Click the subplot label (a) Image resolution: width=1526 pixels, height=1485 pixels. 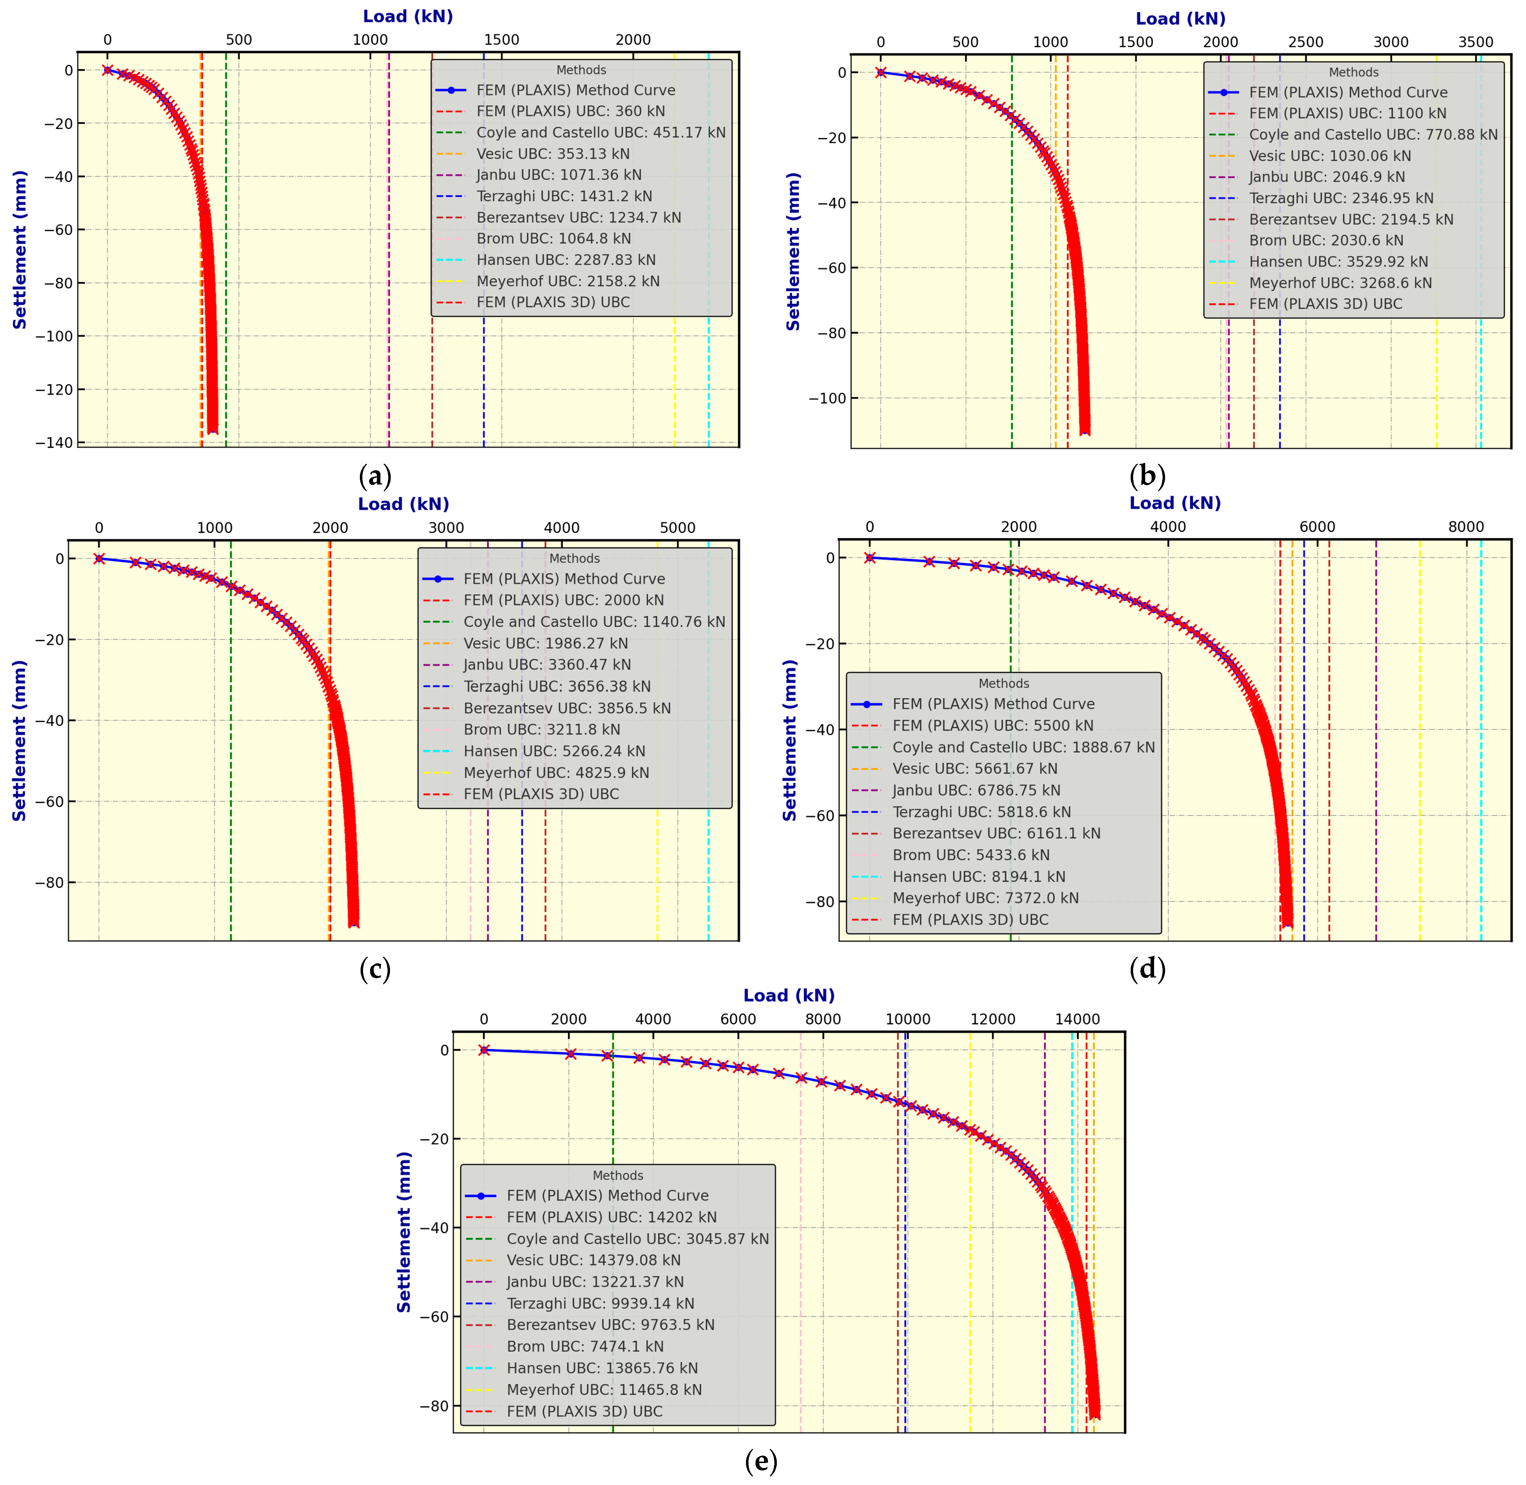pos(374,476)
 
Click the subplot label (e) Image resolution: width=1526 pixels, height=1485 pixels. pos(761,1461)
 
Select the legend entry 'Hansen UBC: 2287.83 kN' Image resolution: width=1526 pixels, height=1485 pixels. pos(566,260)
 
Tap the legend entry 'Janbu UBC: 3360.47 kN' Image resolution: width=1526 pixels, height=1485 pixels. pos(547,665)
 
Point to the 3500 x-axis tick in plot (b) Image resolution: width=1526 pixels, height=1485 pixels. pos(1475,42)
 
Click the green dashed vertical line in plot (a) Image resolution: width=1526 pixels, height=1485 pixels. pos(226,374)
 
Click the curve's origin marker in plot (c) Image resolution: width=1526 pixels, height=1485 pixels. pos(99,559)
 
